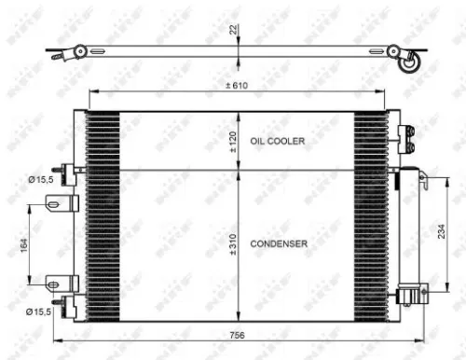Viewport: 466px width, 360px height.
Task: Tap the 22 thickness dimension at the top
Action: (235, 31)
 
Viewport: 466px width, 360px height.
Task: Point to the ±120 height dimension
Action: (234, 142)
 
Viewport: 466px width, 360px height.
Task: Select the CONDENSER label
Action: (280, 242)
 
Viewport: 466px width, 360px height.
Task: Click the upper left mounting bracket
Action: (60, 205)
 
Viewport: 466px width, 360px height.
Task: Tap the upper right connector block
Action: (404, 137)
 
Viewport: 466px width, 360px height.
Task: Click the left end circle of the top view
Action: (81, 50)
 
